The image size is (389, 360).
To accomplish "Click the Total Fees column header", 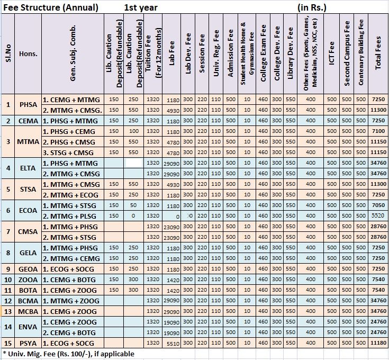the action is tap(378, 53).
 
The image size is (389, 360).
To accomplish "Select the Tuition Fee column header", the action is tap(153, 53).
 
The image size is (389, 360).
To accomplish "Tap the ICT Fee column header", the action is tap(331, 53).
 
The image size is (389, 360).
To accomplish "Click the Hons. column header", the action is tap(28, 53).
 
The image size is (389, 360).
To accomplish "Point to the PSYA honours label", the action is tap(28, 344).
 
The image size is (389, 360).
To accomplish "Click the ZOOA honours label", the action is tap(28, 280).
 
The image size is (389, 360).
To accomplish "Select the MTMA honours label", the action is tap(28, 142).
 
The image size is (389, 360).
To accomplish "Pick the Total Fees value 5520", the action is tap(378, 215).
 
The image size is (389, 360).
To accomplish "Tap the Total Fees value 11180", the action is tap(378, 343).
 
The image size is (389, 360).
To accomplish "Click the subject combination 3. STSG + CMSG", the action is tap(68, 152).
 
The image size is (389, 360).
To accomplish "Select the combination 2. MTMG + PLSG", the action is tap(69, 217).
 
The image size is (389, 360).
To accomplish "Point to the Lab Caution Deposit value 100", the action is tap(134, 131).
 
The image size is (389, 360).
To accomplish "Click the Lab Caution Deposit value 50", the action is tap(133, 205).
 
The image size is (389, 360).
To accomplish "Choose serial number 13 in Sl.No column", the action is tap(8, 312).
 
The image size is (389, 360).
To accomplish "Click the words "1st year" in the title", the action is tap(141, 8).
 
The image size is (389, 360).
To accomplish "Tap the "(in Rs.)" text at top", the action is tap(312, 8).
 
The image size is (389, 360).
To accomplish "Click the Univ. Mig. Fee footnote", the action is tap(68, 354).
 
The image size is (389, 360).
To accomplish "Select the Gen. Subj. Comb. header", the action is tap(73, 53).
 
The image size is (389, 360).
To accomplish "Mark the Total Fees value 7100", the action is tap(378, 131).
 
